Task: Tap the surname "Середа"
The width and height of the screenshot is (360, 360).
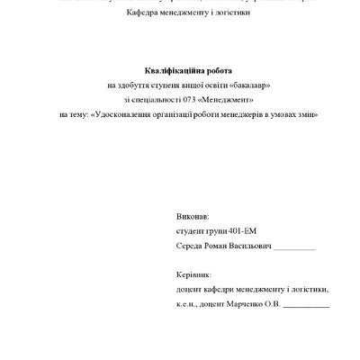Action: click(192, 247)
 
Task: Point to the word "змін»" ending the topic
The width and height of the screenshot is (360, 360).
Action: click(308, 115)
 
